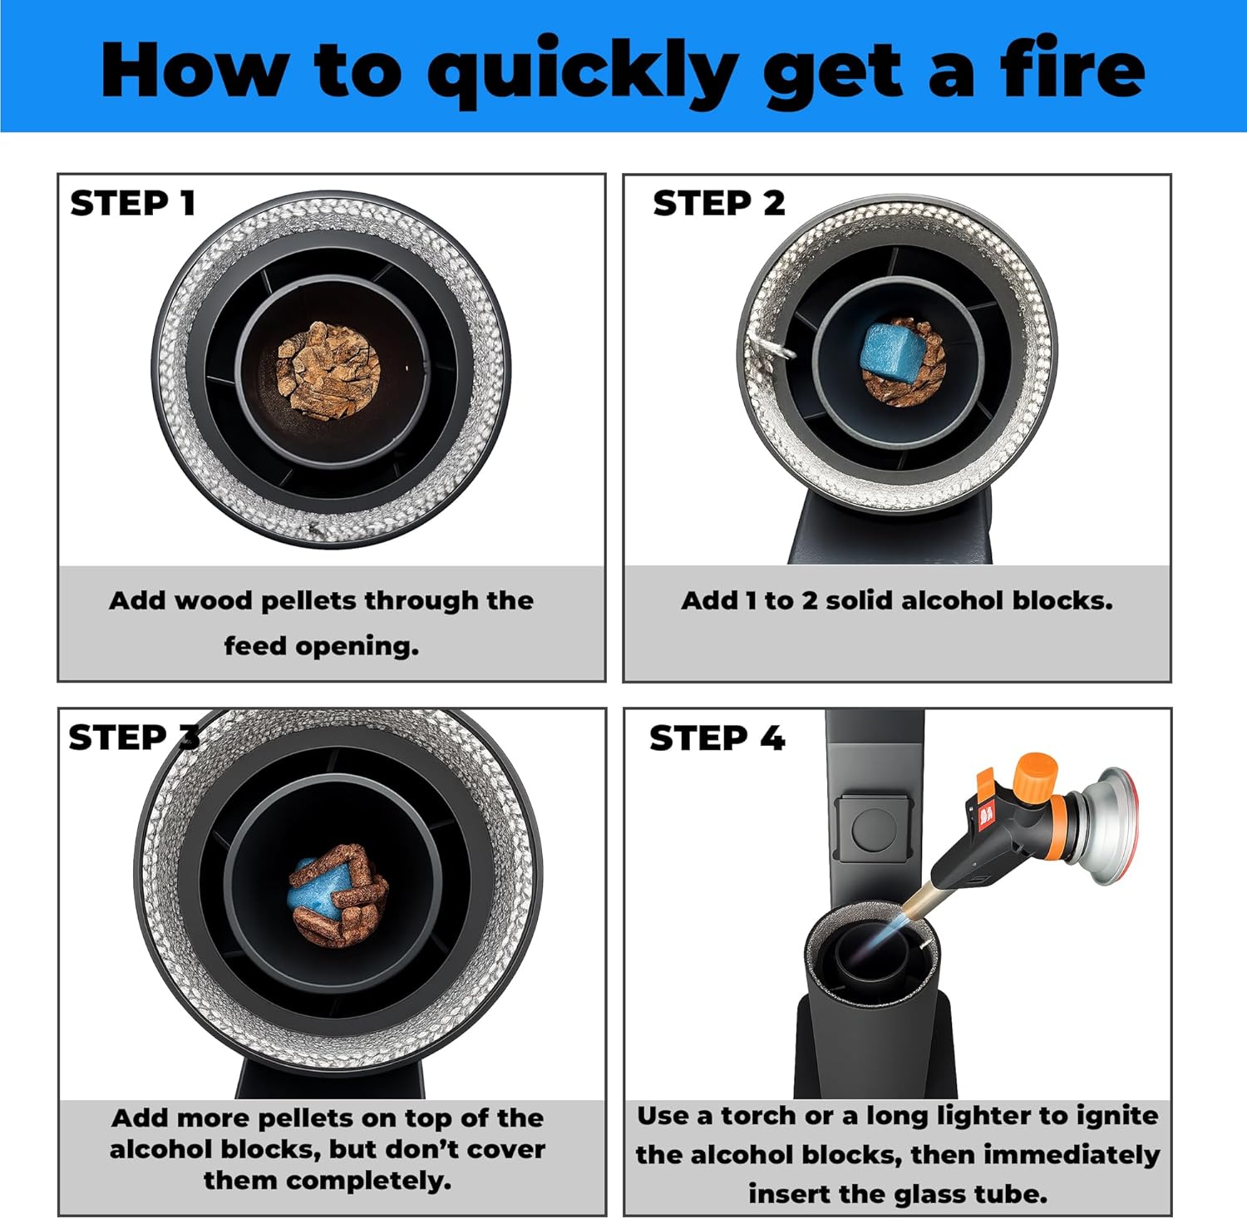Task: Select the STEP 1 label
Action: coord(133,203)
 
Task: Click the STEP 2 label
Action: coord(719,203)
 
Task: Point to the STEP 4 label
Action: coord(717,738)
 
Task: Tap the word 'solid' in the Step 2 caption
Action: coord(860,600)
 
